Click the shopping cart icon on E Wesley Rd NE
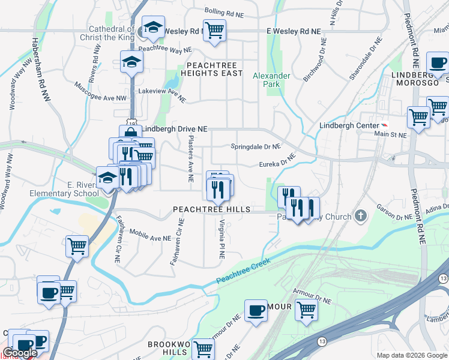point(214,29)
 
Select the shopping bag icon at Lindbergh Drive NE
point(130,133)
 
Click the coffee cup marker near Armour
point(256,310)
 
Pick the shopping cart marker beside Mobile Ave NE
point(77,246)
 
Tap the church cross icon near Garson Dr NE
point(360,215)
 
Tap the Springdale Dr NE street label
point(256,146)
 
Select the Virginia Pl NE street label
point(221,239)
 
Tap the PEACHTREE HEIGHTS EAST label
point(214,68)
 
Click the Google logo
point(20,353)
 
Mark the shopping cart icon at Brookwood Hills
point(203,348)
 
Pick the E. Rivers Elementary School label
point(76,189)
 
